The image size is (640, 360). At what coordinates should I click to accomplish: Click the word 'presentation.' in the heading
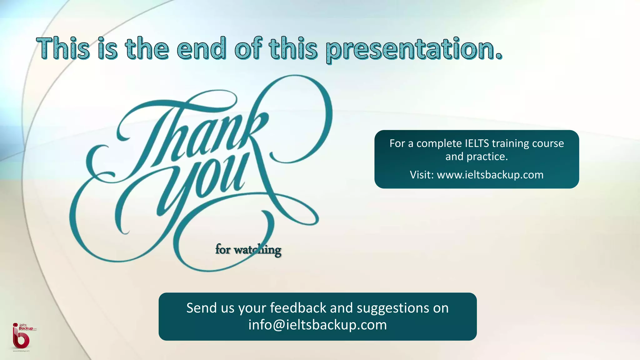pyautogui.click(x=414, y=49)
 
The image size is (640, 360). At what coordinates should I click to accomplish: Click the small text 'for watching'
pyautogui.click(x=248, y=250)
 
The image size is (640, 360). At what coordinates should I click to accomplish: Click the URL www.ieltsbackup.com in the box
pyautogui.click(x=490, y=175)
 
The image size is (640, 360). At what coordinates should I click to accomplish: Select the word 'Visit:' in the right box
pyautogui.click(x=422, y=175)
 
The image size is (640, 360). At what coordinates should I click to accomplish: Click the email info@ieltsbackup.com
pyautogui.click(x=317, y=325)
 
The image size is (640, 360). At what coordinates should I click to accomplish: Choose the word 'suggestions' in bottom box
pyautogui.click(x=393, y=308)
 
